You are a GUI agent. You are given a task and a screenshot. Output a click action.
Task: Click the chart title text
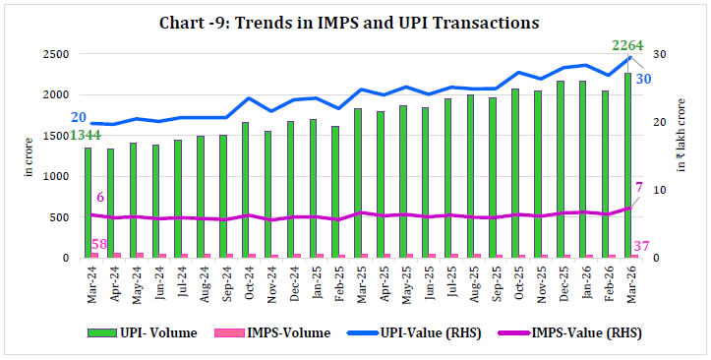355,19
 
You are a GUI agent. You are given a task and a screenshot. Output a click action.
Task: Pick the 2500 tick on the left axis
53,54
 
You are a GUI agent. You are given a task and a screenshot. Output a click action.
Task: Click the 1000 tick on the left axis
53,177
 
